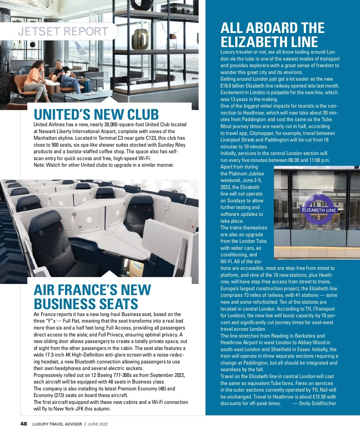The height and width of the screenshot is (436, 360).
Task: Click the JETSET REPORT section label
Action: tap(63, 31)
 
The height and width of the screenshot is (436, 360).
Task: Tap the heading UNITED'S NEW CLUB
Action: tap(96, 115)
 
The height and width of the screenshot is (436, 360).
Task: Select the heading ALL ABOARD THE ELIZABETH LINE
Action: tap(272, 35)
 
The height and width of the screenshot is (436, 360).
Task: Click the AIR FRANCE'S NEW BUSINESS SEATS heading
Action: tap(92, 297)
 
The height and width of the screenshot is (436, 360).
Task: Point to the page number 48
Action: tap(23, 424)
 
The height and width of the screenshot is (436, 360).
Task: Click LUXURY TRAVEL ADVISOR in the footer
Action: tap(57, 424)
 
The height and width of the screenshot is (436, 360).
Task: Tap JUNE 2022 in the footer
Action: tap(97, 424)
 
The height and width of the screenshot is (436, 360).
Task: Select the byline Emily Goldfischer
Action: tap(317, 403)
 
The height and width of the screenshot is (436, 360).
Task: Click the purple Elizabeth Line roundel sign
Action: tap(319, 210)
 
